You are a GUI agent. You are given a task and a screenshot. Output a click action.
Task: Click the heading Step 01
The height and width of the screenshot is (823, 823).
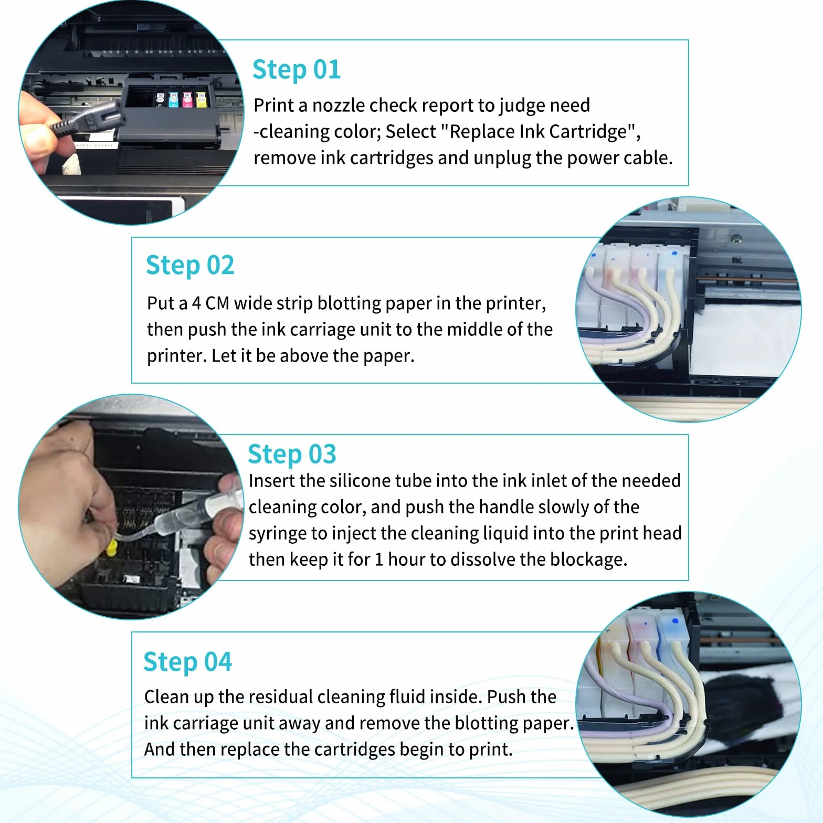coord(297,70)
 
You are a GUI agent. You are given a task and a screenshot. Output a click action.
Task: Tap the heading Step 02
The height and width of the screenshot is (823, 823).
coord(190,265)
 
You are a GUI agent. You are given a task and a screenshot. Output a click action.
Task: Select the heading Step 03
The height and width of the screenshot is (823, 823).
coord(292,454)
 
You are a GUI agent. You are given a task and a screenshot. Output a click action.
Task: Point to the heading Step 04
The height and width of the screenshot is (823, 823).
coord(187,662)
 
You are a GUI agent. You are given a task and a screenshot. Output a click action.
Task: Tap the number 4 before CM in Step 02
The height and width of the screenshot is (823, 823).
coord(196,303)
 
